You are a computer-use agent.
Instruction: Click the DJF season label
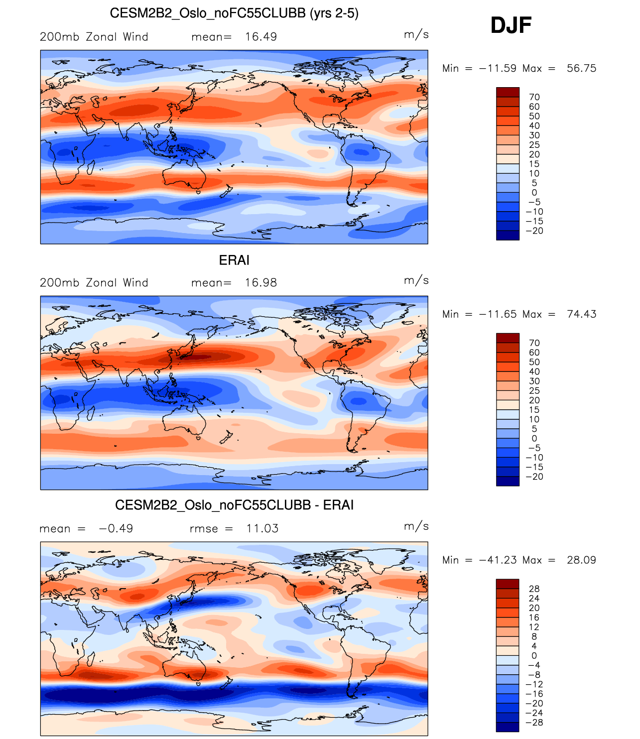coord(511,25)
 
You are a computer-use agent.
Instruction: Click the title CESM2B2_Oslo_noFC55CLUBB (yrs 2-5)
coord(234,13)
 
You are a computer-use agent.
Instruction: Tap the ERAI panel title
coord(234,260)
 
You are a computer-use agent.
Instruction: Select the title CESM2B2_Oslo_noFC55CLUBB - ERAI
coord(234,505)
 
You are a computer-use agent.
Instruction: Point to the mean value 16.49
coord(261,37)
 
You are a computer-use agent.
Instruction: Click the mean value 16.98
coord(261,283)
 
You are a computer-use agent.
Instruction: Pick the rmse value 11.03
coord(262,529)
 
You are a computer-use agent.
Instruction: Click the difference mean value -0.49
coord(116,529)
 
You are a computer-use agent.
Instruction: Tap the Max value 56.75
coord(581,68)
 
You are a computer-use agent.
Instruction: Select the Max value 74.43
coord(581,314)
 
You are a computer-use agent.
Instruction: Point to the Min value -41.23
coord(498,560)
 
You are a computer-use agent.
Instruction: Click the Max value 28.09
coord(581,560)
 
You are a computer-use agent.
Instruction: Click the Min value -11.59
coord(498,68)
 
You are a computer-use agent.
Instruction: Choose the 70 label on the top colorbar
coord(534,97)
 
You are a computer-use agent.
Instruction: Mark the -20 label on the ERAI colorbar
coord(535,477)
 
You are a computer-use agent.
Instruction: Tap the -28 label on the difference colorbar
coord(535,723)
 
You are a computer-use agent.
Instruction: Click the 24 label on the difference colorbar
coord(534,599)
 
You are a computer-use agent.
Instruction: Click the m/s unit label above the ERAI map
coord(416,280)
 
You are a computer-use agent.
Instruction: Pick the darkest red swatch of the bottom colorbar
coord(508,584)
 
